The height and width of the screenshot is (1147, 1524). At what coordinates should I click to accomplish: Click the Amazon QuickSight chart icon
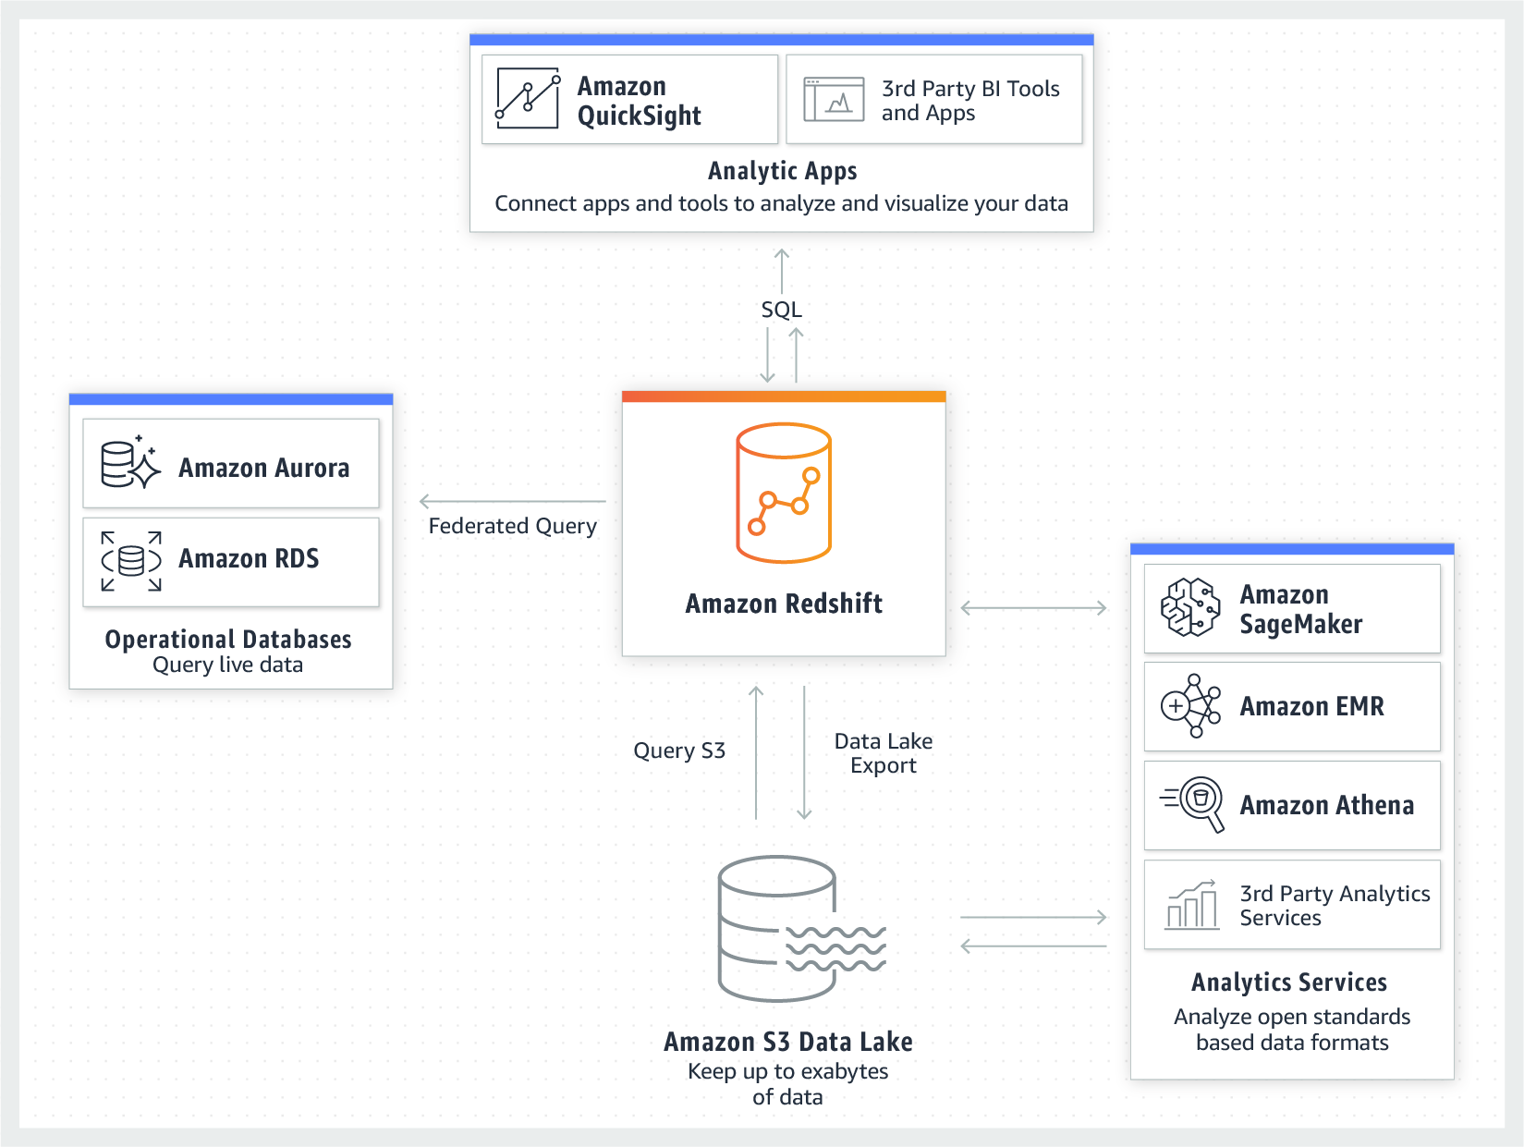pyautogui.click(x=528, y=98)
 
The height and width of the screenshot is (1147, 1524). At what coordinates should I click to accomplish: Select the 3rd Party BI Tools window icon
pyautogui.click(x=834, y=99)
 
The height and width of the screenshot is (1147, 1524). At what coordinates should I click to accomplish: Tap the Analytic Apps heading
pyautogui.click(x=783, y=171)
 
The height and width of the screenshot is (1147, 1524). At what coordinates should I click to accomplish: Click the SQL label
pyautogui.click(x=782, y=310)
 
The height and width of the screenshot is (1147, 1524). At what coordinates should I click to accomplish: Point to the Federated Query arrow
pyautogui.click(x=512, y=501)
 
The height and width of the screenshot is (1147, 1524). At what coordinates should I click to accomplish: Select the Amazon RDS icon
pyautogui.click(x=130, y=561)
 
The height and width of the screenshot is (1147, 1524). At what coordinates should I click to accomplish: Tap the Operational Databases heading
pyautogui.click(x=228, y=639)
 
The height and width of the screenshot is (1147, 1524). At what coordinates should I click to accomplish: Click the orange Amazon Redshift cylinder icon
pyautogui.click(x=784, y=492)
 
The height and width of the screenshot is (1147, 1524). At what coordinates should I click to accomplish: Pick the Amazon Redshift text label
pyautogui.click(x=784, y=604)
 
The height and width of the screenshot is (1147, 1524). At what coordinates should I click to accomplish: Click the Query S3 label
pyautogui.click(x=679, y=750)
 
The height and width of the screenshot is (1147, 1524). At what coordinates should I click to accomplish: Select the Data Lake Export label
pyautogui.click(x=884, y=753)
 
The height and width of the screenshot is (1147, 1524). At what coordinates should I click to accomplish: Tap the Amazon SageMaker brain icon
pyautogui.click(x=1190, y=607)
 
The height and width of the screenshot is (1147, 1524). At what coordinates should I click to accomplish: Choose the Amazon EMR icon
pyautogui.click(x=1190, y=706)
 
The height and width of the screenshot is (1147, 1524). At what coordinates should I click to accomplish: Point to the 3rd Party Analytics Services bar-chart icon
pyautogui.click(x=1191, y=904)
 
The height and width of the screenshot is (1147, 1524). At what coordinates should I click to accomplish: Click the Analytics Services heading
pyautogui.click(x=1289, y=982)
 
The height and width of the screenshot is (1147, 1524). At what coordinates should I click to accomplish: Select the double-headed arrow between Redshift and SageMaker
pyautogui.click(x=1034, y=608)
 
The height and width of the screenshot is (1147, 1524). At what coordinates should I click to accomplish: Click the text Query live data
pyautogui.click(x=227, y=665)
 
